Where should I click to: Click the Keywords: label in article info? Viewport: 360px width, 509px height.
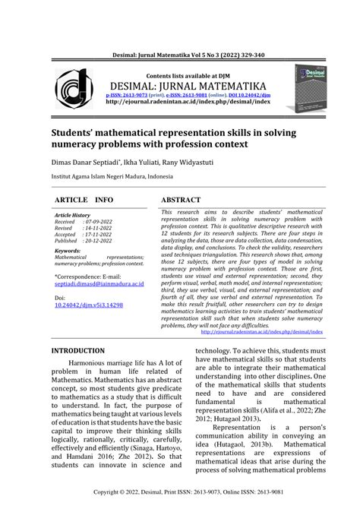[68, 251]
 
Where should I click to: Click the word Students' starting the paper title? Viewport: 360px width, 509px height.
[77, 132]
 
